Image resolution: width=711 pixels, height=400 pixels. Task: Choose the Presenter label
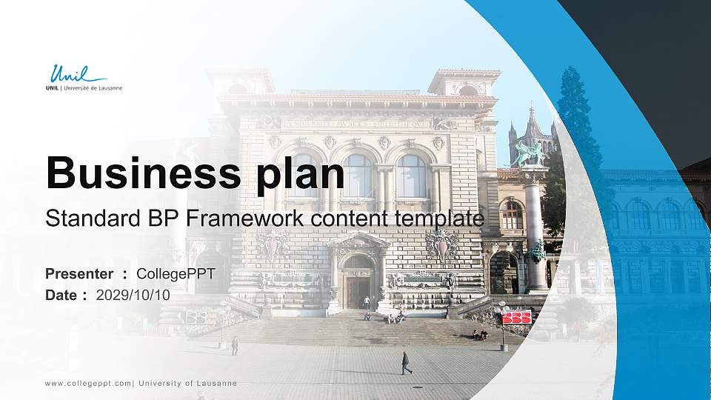[79, 274]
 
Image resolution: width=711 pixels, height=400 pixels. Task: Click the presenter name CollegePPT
[176, 274]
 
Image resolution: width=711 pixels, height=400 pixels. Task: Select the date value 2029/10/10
[133, 295]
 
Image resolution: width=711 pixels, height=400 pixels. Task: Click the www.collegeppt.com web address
[88, 383]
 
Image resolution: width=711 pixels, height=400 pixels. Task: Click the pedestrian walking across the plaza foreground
[405, 362]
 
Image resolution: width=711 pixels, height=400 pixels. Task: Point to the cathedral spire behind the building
[532, 122]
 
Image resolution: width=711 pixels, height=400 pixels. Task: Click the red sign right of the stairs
[516, 317]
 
